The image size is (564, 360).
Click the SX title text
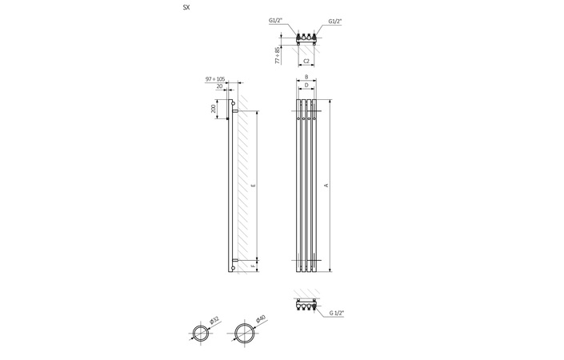186,7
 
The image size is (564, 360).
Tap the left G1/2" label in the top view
276,20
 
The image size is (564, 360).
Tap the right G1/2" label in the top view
335,22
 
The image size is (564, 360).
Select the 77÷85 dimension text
278,55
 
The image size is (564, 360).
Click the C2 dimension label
306,61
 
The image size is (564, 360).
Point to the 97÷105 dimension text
215,79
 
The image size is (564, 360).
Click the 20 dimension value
219,86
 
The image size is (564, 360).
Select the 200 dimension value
213,109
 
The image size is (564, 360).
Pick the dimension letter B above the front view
306,78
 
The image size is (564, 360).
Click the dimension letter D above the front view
306,85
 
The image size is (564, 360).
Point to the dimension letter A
326,186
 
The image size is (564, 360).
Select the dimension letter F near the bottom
254,265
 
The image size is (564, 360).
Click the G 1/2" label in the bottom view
336,314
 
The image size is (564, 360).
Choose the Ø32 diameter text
214,320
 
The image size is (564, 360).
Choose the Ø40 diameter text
260,319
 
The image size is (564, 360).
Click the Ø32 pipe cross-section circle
201,333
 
